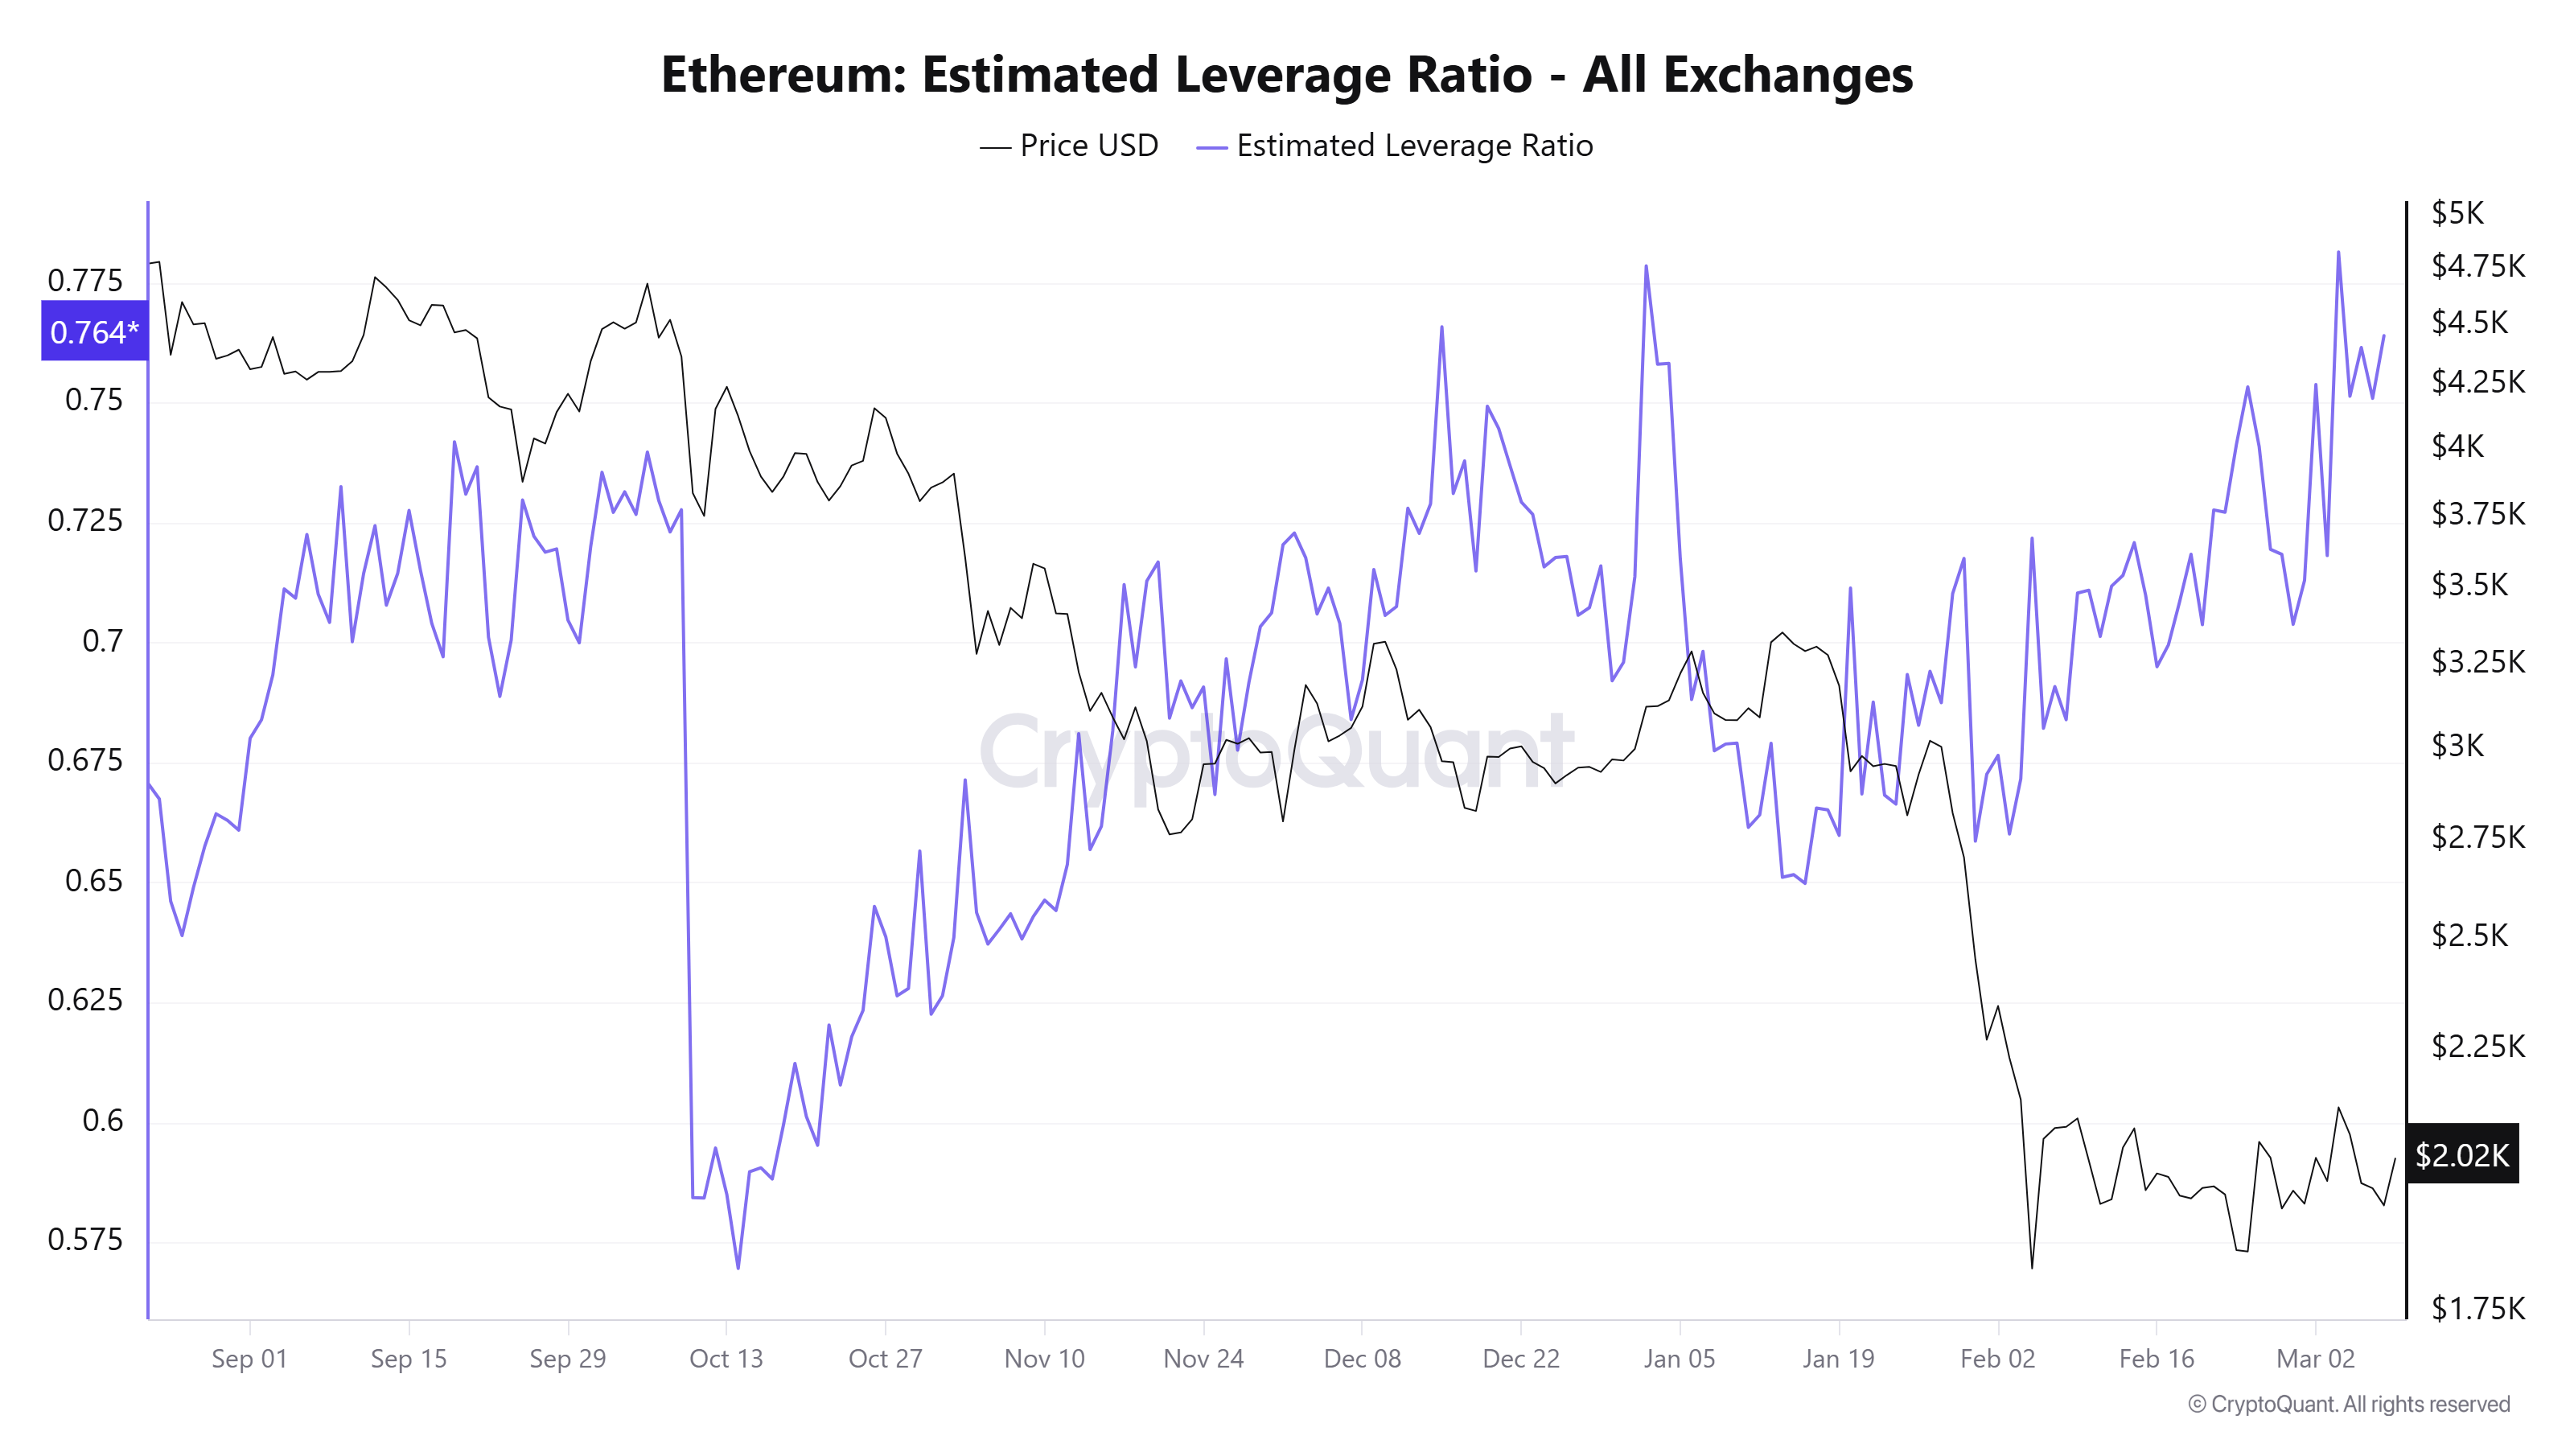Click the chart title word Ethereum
coord(783,75)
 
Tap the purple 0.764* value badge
coord(94,331)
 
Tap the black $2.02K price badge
coord(2461,1155)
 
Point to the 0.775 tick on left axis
coord(85,280)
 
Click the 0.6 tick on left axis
coord(102,1121)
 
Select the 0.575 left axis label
coord(85,1240)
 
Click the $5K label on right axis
coord(2457,213)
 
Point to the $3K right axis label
coord(2457,746)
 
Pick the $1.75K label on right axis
coord(2477,1308)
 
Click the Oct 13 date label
coord(726,1359)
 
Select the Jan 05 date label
coord(1679,1359)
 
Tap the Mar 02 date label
coord(2315,1359)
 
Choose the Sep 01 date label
coord(249,1359)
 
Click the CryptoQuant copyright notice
coord(2348,1404)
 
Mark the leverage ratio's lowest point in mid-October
coord(738,1268)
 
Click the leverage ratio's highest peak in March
coord(2338,253)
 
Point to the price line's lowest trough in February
coord(2031,1268)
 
